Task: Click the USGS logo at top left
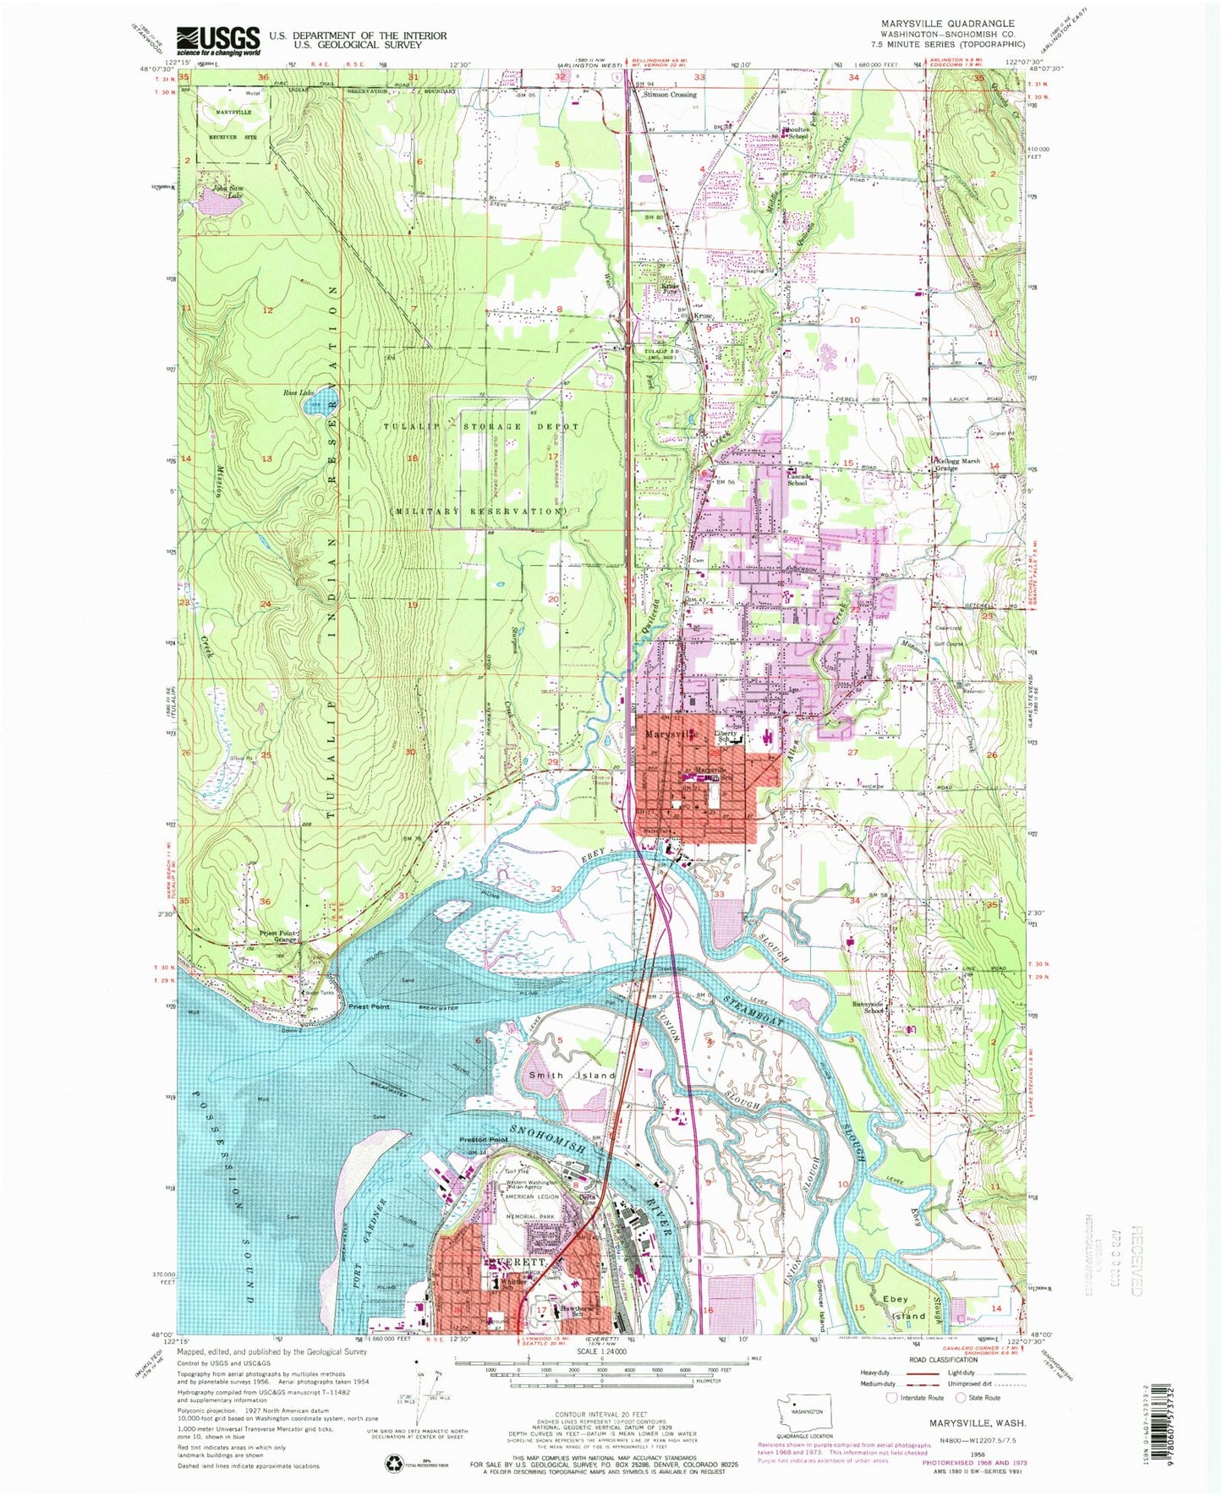click(218, 40)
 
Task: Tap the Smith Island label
click(572, 1075)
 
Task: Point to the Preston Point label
click(483, 1139)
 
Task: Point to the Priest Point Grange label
click(279, 937)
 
